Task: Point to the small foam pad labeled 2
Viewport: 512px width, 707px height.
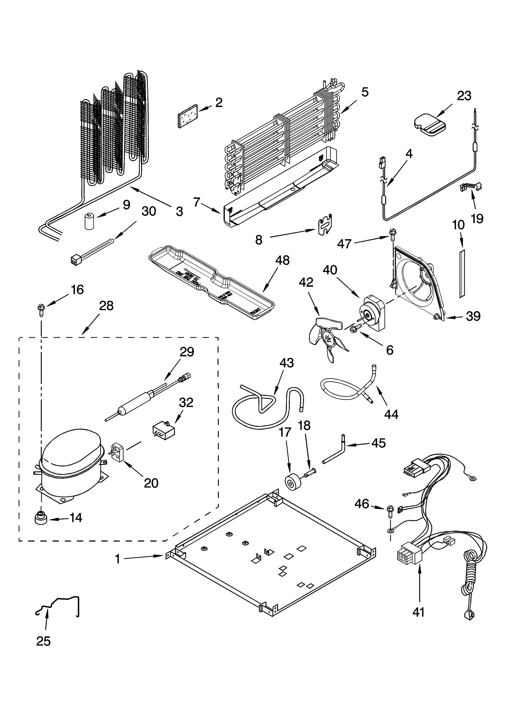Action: [188, 116]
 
